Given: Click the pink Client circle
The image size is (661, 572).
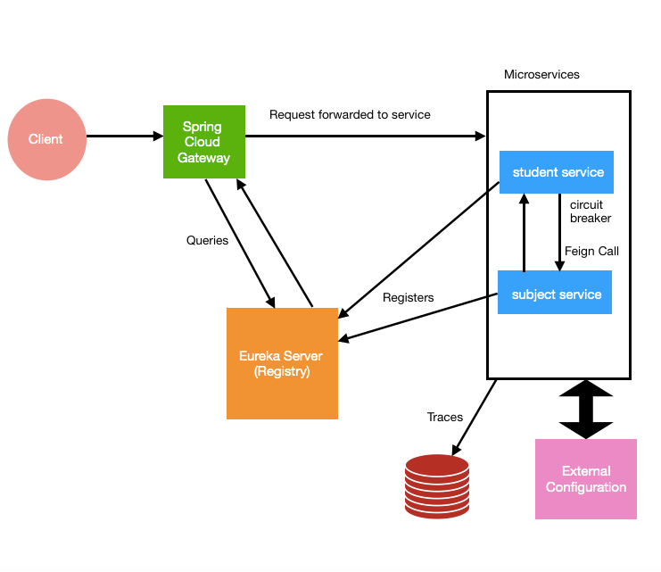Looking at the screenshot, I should pos(46,139).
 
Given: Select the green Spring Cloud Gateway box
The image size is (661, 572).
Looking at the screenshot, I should pos(203,142).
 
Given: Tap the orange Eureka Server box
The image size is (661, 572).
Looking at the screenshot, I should pos(282,363).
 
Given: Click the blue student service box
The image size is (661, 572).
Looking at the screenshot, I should pos(557,172).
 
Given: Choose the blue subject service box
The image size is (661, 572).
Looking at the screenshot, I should pos(555,294).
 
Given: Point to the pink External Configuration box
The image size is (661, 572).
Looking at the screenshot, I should pos(585,479).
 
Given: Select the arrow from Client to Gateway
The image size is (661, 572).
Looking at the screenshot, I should pos(125,137).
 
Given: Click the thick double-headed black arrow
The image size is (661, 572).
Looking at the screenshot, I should pos(585,410).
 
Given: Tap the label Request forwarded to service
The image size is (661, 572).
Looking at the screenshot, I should pos(350,114).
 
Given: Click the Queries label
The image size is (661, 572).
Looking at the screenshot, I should pos(207,240).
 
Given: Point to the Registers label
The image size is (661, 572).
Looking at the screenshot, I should pos(408,297).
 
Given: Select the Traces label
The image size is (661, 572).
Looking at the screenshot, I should pos(445,417).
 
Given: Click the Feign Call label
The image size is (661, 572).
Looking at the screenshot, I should pos(591,251).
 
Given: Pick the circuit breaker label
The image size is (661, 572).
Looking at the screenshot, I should pos(591,211).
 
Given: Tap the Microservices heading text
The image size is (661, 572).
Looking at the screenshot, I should pos(541,74).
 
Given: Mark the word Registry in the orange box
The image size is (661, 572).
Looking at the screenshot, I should pos(281,371).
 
